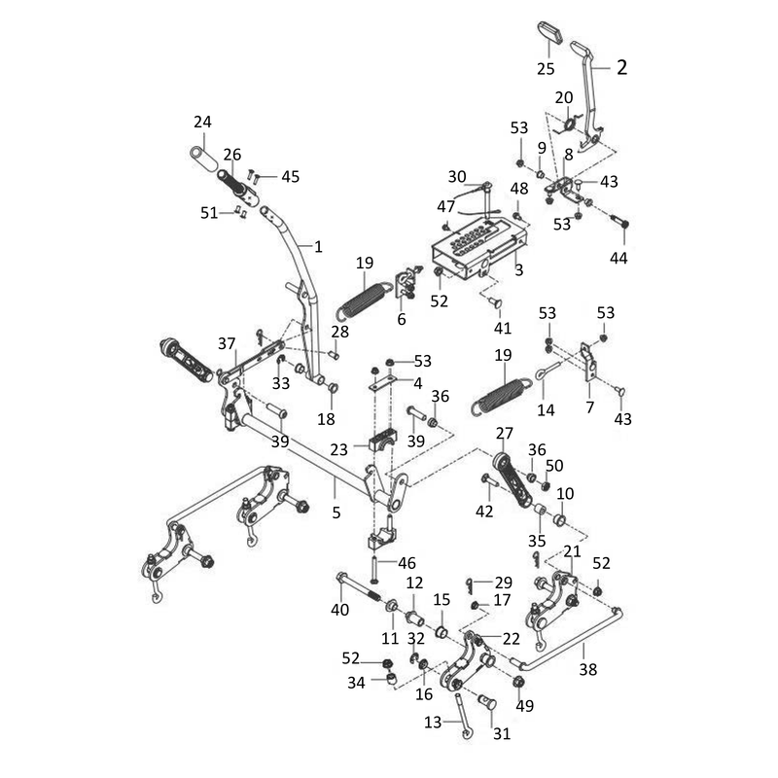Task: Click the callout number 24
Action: (202, 123)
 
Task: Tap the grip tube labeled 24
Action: (204, 158)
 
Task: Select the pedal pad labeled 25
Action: (550, 32)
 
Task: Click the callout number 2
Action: (621, 67)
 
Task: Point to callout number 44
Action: (619, 258)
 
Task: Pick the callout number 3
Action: (519, 270)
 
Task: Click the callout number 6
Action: (402, 319)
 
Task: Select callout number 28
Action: (339, 332)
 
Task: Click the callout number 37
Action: (227, 343)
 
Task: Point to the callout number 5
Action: (336, 513)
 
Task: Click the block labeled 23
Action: (382, 440)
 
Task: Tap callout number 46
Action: (407, 563)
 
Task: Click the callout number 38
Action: (588, 670)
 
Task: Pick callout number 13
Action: (433, 722)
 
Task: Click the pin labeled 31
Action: (487, 702)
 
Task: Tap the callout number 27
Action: (504, 433)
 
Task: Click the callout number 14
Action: (546, 409)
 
